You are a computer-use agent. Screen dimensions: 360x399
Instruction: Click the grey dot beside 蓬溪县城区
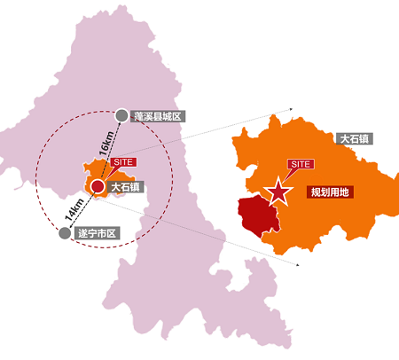pos(122,114)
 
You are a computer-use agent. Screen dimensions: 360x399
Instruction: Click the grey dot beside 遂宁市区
pos(64,233)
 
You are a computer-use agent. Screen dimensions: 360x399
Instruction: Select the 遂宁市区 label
pos(97,233)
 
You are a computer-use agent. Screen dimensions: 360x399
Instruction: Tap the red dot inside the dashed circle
pos(97,186)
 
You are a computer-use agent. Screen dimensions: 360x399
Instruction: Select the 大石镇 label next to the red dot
pos(127,187)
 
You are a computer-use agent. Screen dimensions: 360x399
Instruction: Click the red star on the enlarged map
pos(279,191)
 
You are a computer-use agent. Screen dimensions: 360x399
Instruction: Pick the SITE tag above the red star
pos(301,164)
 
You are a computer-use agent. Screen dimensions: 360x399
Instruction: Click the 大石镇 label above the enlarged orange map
pos(355,139)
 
